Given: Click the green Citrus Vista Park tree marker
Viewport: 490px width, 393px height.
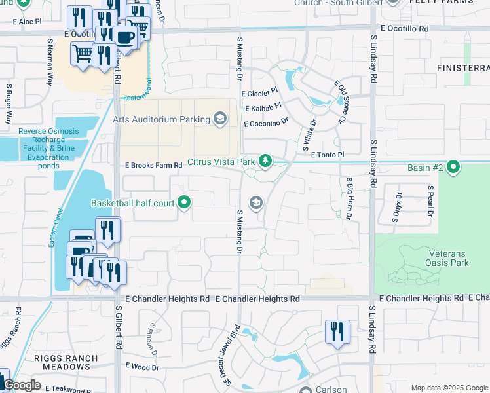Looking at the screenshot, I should [265, 160].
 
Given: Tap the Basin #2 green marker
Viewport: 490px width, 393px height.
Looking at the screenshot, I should [453, 168].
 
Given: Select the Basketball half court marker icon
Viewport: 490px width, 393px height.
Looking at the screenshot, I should [185, 203].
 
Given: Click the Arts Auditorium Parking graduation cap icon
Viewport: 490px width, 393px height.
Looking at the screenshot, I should [220, 119].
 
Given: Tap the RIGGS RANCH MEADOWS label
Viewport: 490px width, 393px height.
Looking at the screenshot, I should [67, 362].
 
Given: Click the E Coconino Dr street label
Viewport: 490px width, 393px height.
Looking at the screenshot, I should [266, 123].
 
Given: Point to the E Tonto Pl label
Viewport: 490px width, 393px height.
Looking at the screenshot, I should [328, 154].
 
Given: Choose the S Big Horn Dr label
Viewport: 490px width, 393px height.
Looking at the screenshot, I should [350, 198].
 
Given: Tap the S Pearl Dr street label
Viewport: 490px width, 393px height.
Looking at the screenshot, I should [430, 204].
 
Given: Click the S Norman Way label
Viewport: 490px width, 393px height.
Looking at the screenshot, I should [50, 62].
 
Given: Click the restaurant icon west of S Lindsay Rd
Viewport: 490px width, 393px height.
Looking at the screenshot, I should [337, 331].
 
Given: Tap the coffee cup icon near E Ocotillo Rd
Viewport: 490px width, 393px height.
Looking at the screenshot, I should [126, 37].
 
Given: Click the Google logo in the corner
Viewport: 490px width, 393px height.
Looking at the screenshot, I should [22, 385].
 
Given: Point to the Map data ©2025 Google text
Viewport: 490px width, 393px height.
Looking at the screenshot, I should [448, 388].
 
